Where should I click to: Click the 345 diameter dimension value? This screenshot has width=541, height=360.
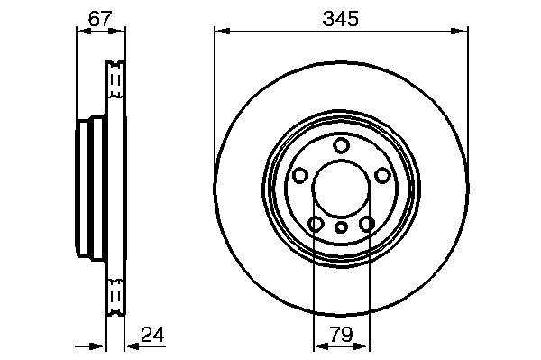(x=340, y=19)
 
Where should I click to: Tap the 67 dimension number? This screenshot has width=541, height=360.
(x=100, y=19)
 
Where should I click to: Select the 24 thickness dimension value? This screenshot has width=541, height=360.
(x=152, y=334)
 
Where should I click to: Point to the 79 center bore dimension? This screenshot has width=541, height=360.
(x=341, y=334)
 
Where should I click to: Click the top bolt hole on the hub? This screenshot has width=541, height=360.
(x=341, y=145)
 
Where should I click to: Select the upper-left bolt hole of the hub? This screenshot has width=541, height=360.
(x=299, y=175)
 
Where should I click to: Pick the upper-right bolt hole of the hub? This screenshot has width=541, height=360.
(x=382, y=175)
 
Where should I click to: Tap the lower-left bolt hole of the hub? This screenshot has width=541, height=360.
(x=316, y=224)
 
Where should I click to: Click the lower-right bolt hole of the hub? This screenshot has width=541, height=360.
(x=367, y=224)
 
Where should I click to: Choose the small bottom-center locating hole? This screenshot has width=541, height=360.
(x=341, y=227)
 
